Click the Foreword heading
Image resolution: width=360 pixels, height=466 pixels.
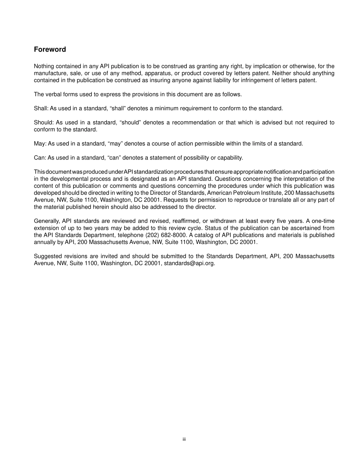[x=50, y=50]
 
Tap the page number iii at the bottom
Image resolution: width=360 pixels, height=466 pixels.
[x=184, y=439]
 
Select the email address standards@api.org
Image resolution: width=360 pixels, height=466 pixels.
[x=189, y=263]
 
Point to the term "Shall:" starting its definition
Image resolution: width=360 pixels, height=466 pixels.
[x=40, y=108]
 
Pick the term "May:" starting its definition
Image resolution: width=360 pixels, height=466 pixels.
[x=40, y=144]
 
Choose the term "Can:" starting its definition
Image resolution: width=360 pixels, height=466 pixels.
[x=40, y=158]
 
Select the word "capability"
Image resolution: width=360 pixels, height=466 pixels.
[x=230, y=158]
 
